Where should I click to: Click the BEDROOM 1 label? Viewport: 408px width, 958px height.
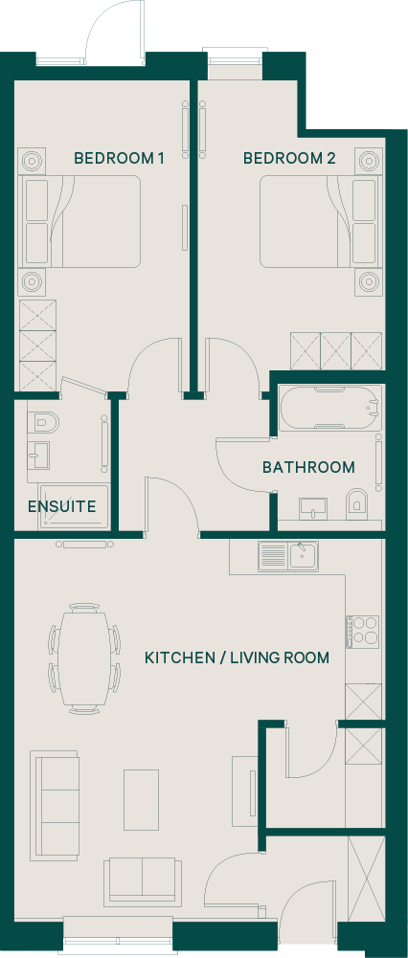point(119,159)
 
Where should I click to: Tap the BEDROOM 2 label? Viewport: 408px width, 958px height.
point(289,159)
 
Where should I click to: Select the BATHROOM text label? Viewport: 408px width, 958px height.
point(308,467)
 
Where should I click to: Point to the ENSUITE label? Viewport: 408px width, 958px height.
point(62,506)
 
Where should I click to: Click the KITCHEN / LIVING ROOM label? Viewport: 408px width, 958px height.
point(237,658)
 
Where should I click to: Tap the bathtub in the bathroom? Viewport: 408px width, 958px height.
point(331,408)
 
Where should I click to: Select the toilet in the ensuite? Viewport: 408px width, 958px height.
point(42,422)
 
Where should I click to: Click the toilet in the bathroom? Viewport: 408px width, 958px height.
point(355,502)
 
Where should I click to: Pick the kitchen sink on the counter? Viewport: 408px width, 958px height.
point(288,557)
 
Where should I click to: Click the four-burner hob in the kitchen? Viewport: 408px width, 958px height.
point(363,632)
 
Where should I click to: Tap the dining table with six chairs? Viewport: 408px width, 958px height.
point(84,658)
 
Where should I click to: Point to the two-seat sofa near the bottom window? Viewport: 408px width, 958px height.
point(143,881)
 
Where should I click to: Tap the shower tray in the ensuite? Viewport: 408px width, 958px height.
point(74,506)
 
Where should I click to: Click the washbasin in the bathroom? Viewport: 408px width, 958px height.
point(313,508)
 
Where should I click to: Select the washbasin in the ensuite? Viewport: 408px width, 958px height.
point(38,456)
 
